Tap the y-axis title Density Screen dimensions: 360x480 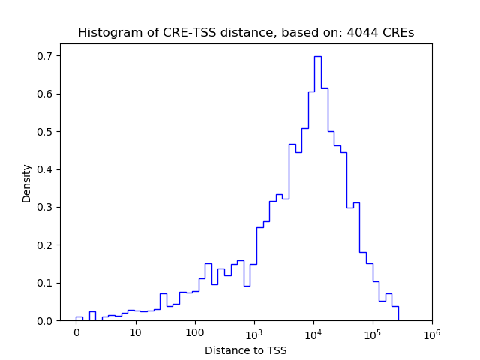27,183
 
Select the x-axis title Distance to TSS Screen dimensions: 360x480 245,350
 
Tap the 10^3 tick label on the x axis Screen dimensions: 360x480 254,332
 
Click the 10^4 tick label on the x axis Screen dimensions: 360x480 313,332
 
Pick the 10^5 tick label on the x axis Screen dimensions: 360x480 373,332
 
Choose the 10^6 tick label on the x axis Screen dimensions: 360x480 432,332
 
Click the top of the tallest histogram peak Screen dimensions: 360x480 317,56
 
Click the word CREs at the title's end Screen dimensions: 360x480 399,33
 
